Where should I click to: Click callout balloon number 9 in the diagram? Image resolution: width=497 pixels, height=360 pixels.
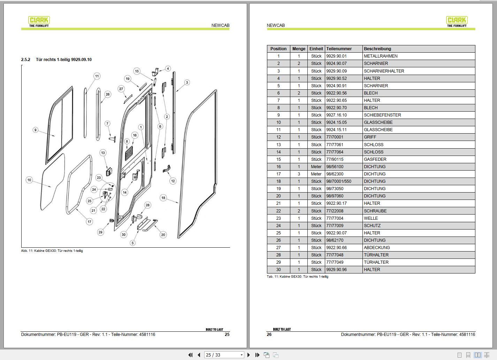pyautogui.click(x=35, y=130)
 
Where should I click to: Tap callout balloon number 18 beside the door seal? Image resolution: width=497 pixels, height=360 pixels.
pyautogui.click(x=163, y=198)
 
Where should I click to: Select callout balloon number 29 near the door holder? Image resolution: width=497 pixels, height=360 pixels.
pyautogui.click(x=100, y=232)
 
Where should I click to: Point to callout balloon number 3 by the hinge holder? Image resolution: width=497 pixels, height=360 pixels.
pyautogui.click(x=187, y=83)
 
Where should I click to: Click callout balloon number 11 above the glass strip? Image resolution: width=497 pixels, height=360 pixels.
pyautogui.click(x=97, y=76)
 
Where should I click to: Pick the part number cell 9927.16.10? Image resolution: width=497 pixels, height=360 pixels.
pyautogui.click(x=336, y=115)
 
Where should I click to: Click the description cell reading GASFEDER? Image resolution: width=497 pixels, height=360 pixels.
pyautogui.click(x=375, y=159)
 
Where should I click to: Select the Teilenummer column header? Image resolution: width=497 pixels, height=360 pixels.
pyautogui.click(x=339, y=49)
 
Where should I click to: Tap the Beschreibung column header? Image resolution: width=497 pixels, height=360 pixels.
pyautogui.click(x=377, y=49)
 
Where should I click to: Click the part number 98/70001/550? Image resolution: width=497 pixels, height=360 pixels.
pyautogui.click(x=339, y=181)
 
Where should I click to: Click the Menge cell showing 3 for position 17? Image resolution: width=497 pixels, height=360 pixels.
pyautogui.click(x=299, y=174)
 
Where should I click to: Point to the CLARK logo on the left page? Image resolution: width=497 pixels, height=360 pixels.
pyautogui.click(x=39, y=21)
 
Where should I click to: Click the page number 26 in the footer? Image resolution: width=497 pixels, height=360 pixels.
pyautogui.click(x=269, y=335)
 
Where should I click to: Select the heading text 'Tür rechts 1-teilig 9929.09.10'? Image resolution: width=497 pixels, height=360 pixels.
pyautogui.click(x=64, y=60)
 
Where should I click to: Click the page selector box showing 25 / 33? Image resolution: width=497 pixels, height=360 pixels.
pyautogui.click(x=224, y=355)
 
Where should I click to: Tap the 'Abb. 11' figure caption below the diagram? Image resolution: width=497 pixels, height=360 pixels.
pyautogui.click(x=52, y=251)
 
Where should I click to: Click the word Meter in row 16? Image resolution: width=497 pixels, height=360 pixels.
pyautogui.click(x=316, y=167)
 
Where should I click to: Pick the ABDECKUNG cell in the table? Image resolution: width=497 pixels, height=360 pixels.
pyautogui.click(x=377, y=248)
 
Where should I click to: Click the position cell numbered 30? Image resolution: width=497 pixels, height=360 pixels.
pyautogui.click(x=278, y=270)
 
